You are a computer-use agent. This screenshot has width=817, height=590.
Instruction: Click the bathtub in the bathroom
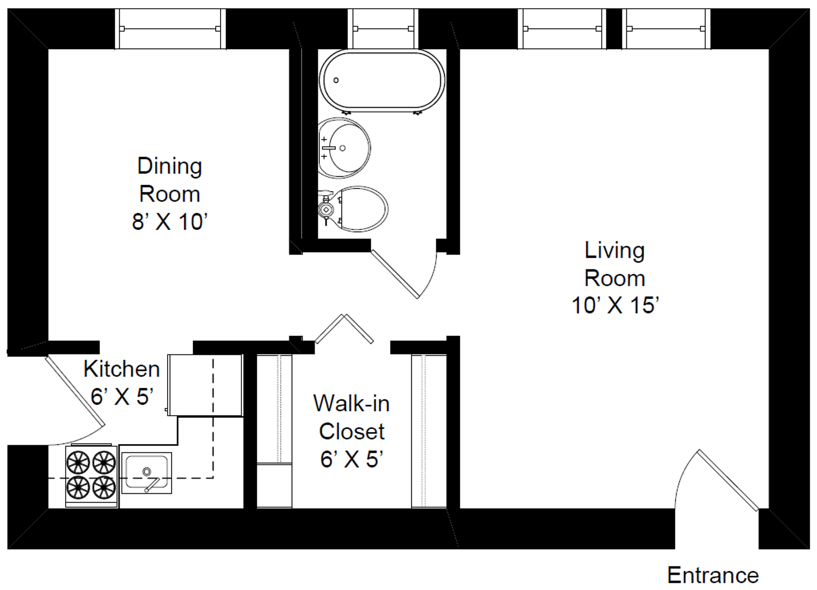(x=382, y=81)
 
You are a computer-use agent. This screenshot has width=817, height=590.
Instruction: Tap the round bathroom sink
(x=344, y=148)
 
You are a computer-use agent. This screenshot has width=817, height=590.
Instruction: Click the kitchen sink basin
(x=146, y=473)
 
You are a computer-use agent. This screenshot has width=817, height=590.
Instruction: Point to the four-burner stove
(x=91, y=475)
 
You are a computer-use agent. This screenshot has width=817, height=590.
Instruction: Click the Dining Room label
(x=170, y=180)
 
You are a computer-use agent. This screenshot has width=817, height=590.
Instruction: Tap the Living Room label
(x=614, y=264)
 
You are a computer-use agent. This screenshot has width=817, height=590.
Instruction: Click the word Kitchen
(x=122, y=369)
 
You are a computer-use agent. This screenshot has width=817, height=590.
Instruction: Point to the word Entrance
(x=713, y=575)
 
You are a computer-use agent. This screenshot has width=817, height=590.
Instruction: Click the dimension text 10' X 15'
(x=615, y=305)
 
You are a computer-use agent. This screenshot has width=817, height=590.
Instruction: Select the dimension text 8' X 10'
(x=170, y=221)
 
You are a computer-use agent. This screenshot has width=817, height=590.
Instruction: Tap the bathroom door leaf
(x=395, y=274)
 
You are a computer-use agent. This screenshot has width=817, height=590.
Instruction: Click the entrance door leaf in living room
(x=728, y=480)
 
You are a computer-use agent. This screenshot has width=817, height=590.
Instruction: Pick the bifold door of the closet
(x=344, y=329)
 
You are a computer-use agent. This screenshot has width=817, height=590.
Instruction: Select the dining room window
(x=170, y=29)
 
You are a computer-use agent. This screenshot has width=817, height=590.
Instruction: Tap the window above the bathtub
(x=383, y=29)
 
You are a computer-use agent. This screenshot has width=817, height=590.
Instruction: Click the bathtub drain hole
(x=336, y=80)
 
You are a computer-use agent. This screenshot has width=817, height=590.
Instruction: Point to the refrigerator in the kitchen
(x=205, y=385)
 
